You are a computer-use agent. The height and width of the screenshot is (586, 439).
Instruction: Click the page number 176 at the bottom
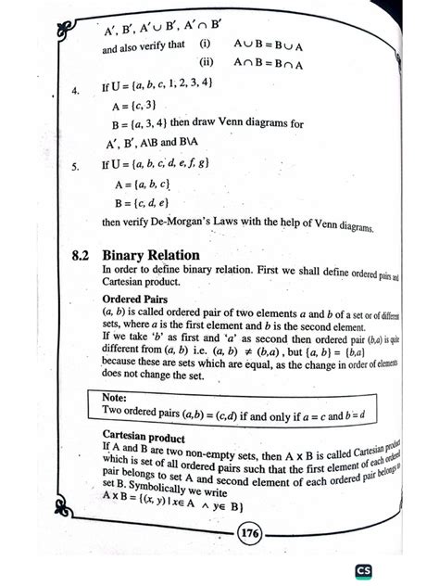pyautogui.click(x=249, y=533)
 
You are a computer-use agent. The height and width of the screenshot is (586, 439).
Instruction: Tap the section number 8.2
pyautogui.click(x=82, y=254)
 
